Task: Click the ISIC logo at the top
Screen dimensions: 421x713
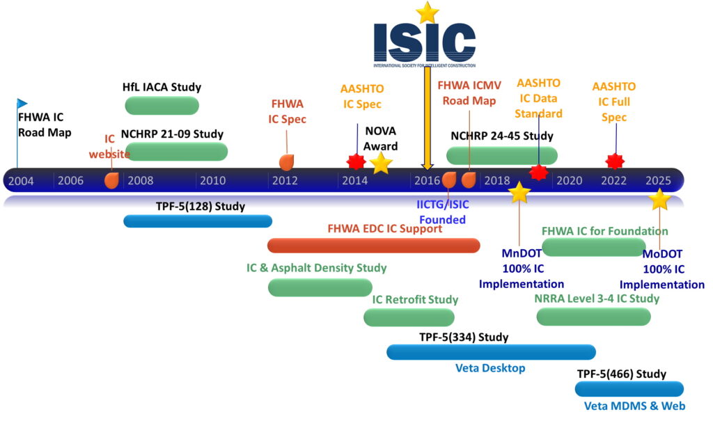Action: (x=425, y=42)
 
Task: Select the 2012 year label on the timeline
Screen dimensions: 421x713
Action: (x=285, y=181)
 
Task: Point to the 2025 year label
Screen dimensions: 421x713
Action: (x=658, y=181)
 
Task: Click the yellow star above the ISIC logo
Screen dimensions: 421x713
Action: (x=427, y=12)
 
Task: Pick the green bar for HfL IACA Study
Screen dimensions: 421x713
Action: (x=162, y=105)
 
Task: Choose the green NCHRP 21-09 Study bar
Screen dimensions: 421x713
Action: (x=177, y=151)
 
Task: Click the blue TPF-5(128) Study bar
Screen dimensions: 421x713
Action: (x=197, y=221)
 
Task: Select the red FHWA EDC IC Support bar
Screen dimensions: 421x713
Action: (x=374, y=245)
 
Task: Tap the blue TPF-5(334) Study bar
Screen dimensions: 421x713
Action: (x=491, y=352)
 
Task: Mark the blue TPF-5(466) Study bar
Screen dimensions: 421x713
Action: (x=629, y=388)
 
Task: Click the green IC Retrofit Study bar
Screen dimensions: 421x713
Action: (x=409, y=317)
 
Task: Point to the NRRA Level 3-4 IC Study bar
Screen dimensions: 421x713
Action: (x=594, y=317)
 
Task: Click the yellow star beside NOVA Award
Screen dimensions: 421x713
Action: (x=380, y=164)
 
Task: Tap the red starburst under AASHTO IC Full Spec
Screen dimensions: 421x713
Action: (x=614, y=161)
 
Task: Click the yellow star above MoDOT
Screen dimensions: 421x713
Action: (x=659, y=200)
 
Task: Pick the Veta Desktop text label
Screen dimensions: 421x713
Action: (x=490, y=368)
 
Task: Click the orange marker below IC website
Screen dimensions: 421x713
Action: (x=111, y=180)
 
